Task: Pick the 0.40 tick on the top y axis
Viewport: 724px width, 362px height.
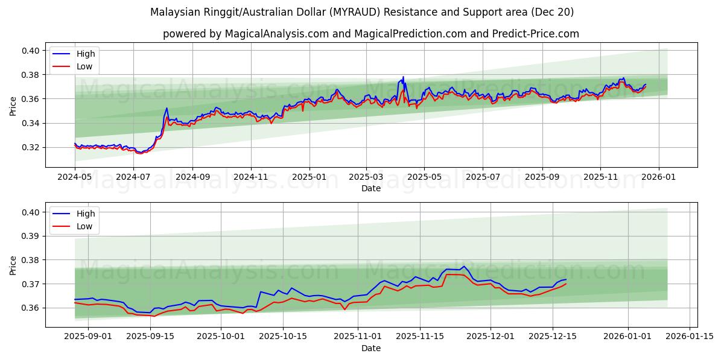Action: [31, 51]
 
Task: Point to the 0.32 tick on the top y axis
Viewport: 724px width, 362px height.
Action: [31, 147]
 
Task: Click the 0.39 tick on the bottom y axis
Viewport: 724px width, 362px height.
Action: [31, 236]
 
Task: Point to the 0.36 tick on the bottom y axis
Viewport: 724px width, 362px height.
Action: [31, 308]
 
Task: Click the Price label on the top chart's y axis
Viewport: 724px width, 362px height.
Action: [13, 106]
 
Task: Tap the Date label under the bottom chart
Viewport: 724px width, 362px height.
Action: [371, 349]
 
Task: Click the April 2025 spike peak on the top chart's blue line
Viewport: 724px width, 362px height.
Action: [403, 77]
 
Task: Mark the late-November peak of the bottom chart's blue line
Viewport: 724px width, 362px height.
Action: [463, 266]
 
